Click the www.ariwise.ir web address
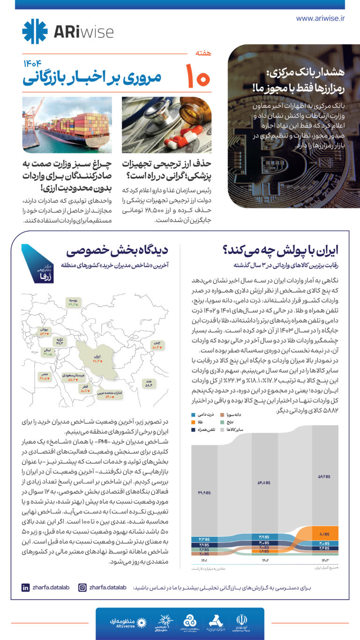pos(321,18)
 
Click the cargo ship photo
pos(67,125)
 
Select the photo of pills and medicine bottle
pos(166,125)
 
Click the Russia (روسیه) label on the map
pos(73,301)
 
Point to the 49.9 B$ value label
pos(204,492)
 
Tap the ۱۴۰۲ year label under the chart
pos(264,560)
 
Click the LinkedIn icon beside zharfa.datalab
pos(25,587)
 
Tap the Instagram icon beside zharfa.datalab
pos(82,587)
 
